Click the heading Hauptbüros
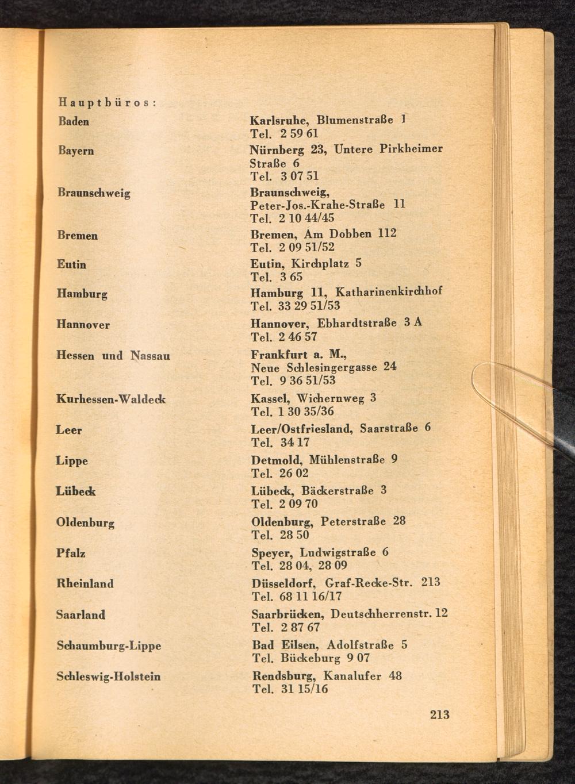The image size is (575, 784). (108, 103)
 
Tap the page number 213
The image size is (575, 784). (439, 714)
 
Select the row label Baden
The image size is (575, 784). (74, 121)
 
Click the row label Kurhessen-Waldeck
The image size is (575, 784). (110, 398)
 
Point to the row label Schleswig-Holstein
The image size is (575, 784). (109, 677)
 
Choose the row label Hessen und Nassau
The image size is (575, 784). (113, 356)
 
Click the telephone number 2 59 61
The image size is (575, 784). (300, 134)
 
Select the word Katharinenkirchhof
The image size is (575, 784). (389, 292)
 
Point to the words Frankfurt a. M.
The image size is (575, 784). (298, 355)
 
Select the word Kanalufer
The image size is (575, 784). (352, 676)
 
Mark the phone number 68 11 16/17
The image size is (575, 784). (310, 597)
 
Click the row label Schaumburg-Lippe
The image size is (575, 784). (109, 645)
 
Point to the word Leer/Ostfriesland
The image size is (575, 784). (302, 429)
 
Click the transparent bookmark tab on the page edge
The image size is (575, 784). (517, 391)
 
